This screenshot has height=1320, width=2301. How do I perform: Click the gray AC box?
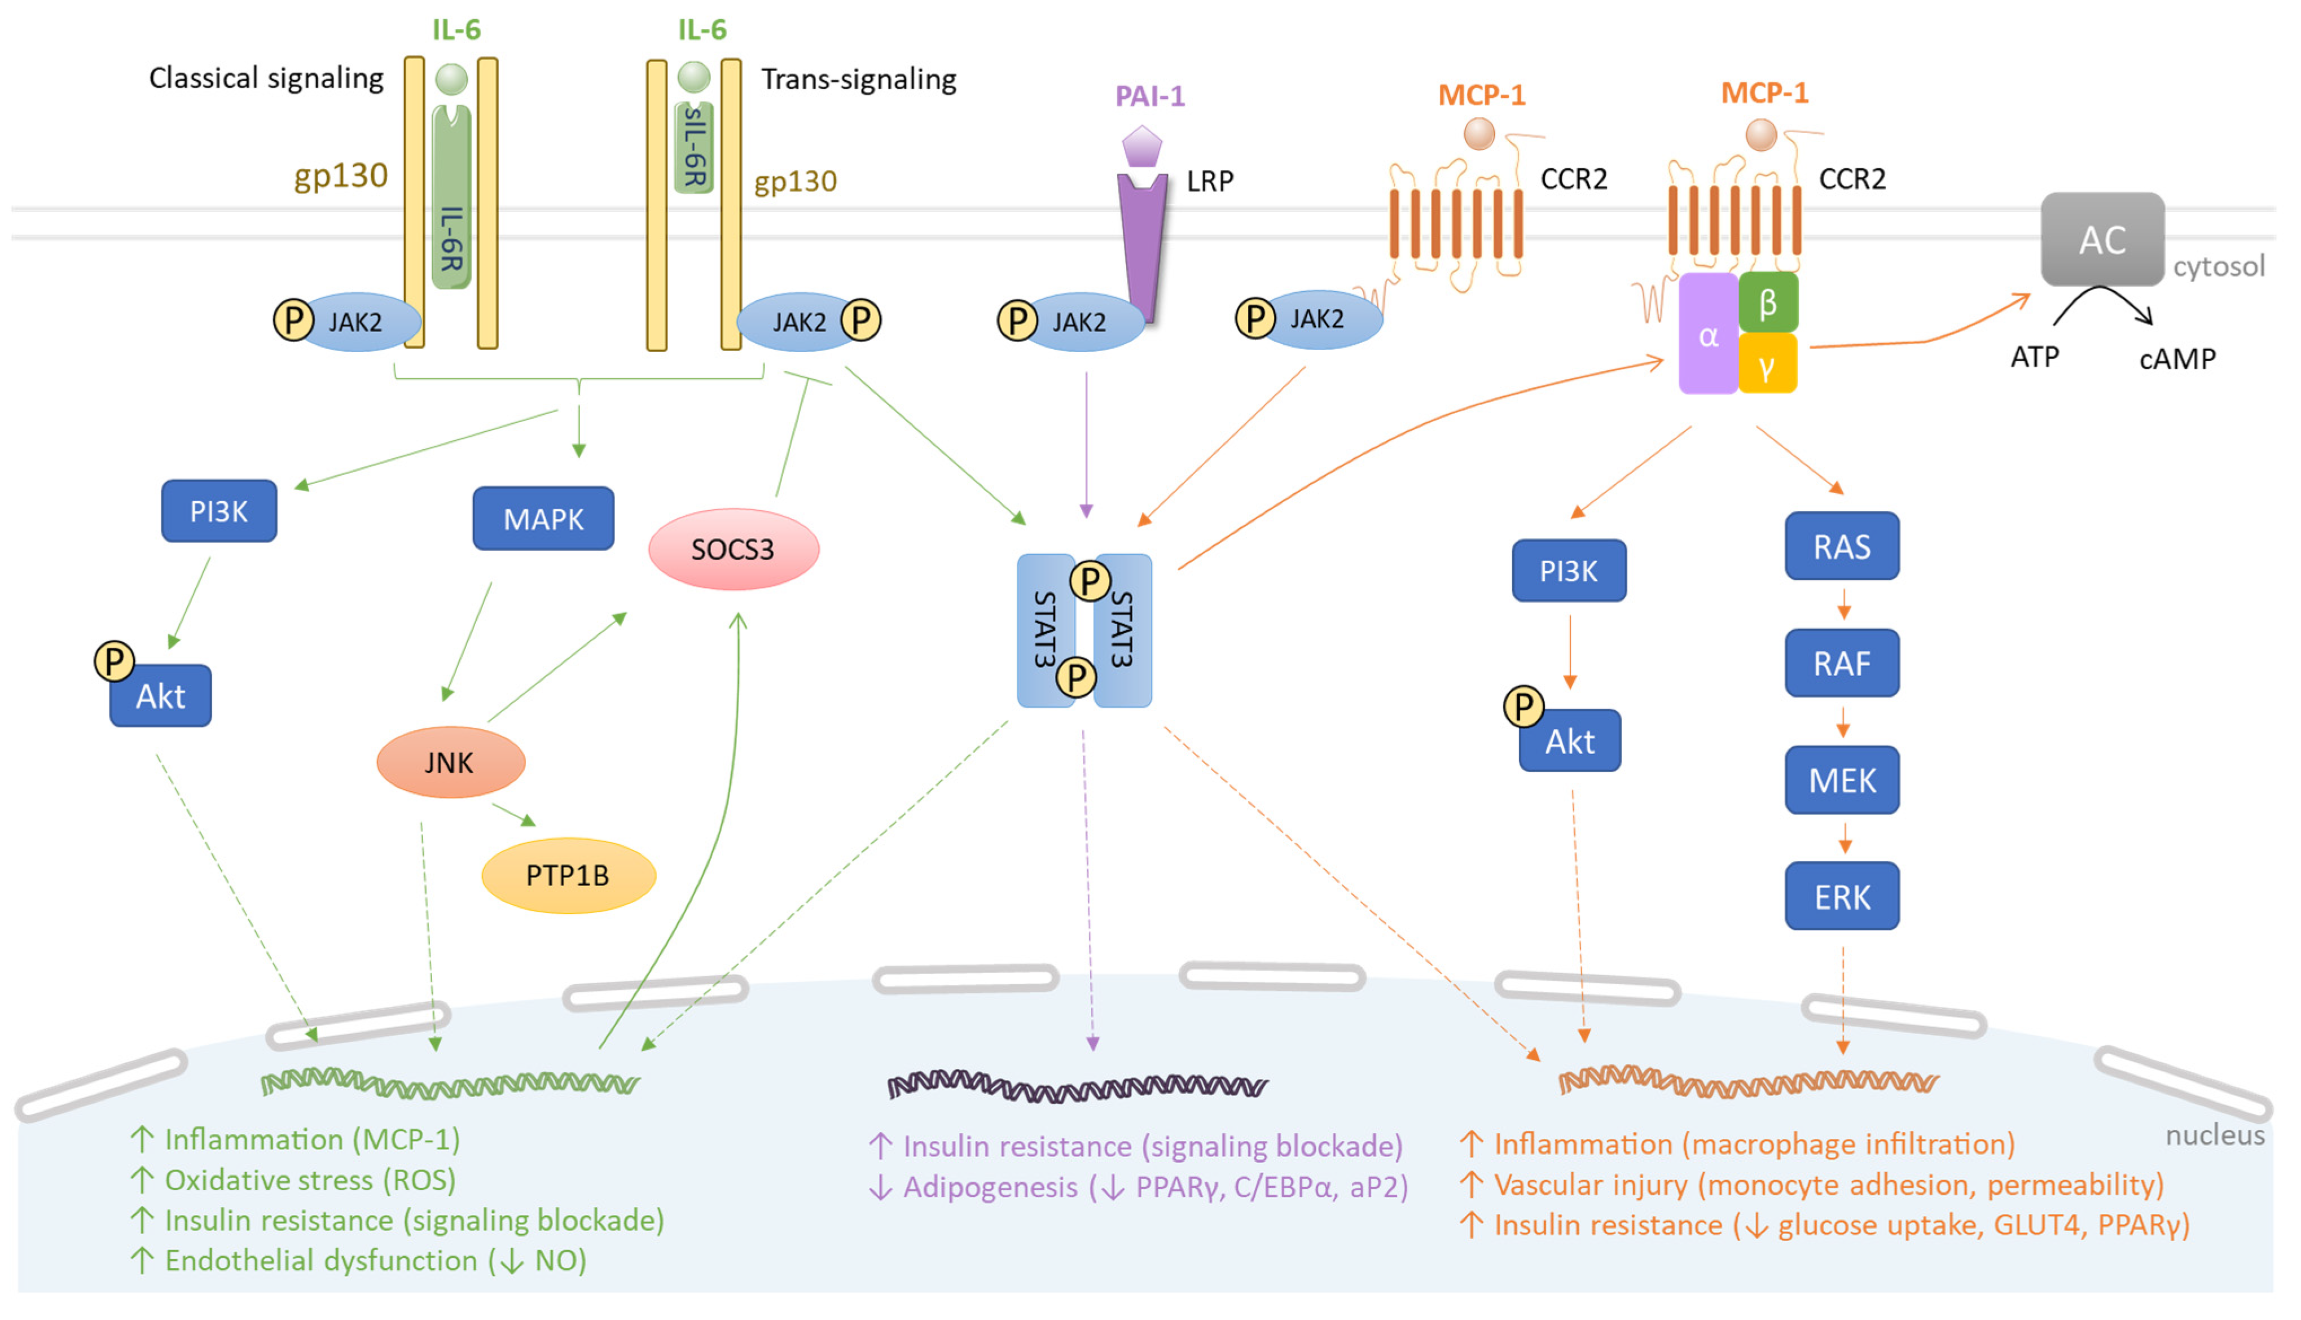tap(2102, 239)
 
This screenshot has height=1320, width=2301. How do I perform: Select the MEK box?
tap(1842, 780)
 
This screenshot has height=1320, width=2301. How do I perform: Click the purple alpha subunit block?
tap(1709, 335)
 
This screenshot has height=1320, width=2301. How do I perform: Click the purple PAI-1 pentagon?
tap(1142, 145)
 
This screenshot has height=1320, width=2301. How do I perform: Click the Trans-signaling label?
tap(858, 79)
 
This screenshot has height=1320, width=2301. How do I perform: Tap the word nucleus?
tap(2215, 1135)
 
